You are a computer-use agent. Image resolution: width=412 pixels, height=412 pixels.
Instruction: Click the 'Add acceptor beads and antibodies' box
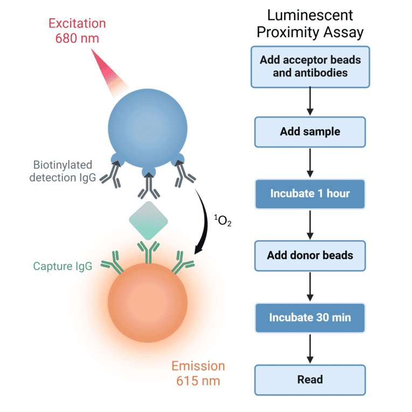310,66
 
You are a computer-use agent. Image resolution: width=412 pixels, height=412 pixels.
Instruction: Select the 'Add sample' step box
310,132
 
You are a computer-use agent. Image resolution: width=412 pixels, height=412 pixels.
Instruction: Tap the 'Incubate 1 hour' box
310,194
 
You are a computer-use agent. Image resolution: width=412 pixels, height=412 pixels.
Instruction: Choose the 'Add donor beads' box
310,255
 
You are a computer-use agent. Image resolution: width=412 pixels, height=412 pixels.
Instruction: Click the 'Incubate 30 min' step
310,318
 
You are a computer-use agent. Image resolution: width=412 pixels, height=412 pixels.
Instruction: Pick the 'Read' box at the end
310,380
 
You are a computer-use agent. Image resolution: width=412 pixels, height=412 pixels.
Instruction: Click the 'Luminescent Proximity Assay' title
310,24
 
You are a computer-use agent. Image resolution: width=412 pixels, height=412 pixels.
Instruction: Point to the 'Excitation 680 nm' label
77,32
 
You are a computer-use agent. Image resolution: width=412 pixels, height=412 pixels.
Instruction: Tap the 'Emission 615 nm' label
198,373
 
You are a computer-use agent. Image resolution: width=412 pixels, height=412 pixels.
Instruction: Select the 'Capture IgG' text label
62,266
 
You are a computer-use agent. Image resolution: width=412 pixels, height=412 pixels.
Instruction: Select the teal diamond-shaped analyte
148,221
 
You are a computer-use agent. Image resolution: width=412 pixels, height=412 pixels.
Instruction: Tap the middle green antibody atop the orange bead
147,250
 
